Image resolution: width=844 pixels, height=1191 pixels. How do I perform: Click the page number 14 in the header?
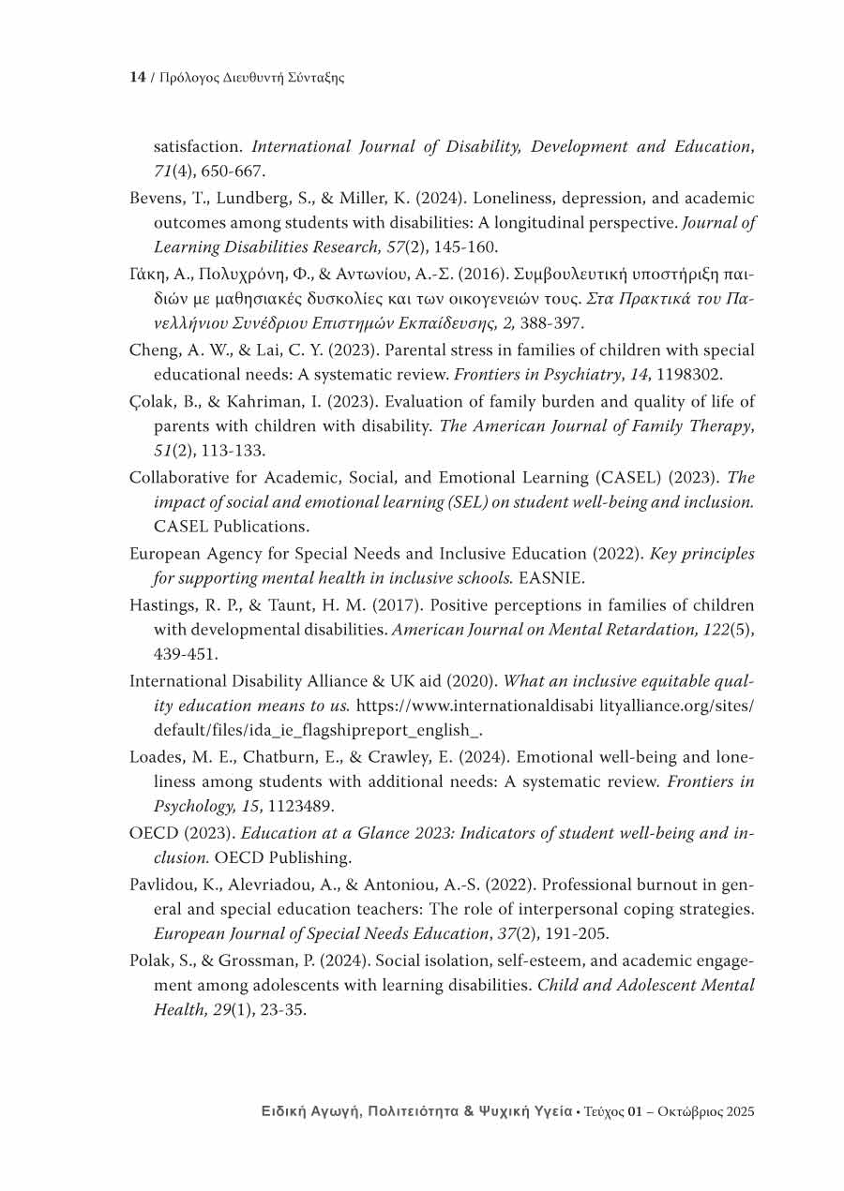pos(136,78)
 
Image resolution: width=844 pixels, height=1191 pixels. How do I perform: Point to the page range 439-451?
pos(187,655)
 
